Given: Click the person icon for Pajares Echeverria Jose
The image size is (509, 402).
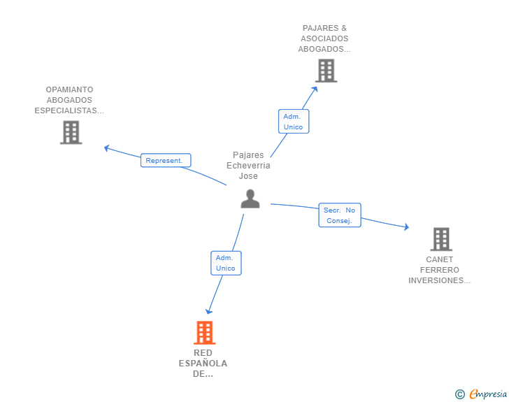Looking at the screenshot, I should tap(250, 199).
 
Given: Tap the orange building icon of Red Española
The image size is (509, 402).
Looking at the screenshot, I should tap(204, 333).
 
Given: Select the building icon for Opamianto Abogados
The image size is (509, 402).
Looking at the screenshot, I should tap(71, 132).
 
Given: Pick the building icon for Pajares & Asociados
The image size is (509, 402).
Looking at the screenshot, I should tap(326, 71).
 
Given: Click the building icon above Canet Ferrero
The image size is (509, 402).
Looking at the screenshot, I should tap(440, 239).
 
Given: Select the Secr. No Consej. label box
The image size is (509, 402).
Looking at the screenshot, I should tap(340, 215).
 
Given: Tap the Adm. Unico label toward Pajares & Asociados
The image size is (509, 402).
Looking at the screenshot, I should tap(293, 122).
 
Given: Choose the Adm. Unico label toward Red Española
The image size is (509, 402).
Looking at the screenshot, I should tap(226, 263).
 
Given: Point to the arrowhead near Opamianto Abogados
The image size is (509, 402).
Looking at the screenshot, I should tap(107, 148).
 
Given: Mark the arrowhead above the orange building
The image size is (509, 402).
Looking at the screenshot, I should tap(208, 311).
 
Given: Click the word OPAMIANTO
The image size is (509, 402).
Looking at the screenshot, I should tap(69, 89).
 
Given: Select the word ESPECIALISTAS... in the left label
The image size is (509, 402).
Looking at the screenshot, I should tap(69, 110).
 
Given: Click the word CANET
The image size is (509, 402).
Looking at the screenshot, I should tap(440, 259).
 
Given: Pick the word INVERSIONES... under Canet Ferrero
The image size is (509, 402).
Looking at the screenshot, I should tap(440, 280).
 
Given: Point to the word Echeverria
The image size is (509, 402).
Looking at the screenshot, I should tap(248, 166).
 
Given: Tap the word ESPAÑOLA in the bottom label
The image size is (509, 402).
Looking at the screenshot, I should tap(203, 364).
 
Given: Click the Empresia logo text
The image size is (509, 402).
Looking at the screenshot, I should tap(488, 394).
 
